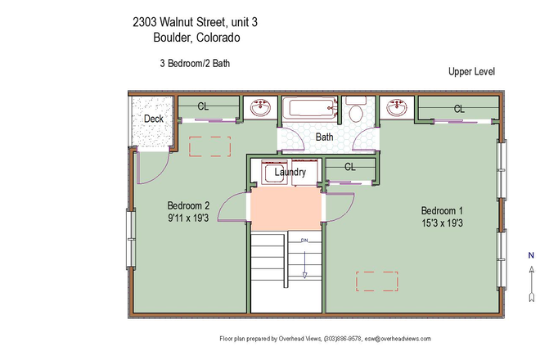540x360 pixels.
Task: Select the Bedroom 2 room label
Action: pos(189,205)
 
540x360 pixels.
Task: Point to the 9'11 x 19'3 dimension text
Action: pos(189,218)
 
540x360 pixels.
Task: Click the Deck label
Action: pos(153,119)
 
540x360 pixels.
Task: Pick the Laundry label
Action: pos(290,173)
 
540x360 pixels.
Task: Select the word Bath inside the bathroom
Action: pos(325,137)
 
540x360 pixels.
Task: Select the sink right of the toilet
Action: pos(396,109)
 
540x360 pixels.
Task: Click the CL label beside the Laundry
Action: pos(349,167)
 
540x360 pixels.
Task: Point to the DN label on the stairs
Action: pos(304,241)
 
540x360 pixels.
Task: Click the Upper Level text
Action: pos(471,72)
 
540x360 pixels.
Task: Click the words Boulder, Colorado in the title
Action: pos(196,37)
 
